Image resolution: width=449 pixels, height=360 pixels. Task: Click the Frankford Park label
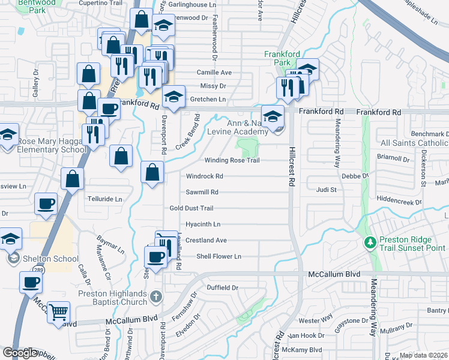[282, 58]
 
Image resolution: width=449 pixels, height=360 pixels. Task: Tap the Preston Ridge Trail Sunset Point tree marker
[370, 243]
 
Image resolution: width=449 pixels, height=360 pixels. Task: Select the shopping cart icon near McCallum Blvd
[58, 312]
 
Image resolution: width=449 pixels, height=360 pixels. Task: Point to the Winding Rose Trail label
[232, 160]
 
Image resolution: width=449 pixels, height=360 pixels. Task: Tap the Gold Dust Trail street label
[191, 208]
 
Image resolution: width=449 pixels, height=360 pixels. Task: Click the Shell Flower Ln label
[218, 256]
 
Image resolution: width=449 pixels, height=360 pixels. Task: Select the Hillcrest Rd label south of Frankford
[292, 173]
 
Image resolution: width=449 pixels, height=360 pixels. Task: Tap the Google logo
[20, 353]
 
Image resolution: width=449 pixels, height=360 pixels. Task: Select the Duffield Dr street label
[222, 288]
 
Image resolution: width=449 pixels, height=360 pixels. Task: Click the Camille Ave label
[214, 73]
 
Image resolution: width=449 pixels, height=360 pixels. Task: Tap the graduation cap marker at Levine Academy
[272, 116]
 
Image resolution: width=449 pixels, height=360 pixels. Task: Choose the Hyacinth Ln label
[203, 224]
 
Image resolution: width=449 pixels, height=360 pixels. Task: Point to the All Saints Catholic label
[414, 143]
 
